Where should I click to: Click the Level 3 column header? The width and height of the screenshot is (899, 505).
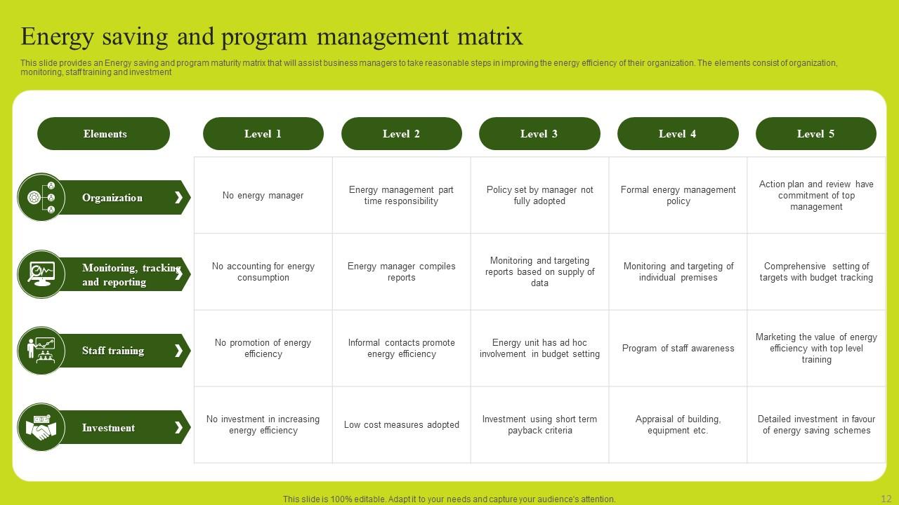539,134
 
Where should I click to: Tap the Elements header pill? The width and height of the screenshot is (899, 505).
104,134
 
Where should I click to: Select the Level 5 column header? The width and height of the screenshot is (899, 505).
815,134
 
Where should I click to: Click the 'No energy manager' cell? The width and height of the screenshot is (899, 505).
263,196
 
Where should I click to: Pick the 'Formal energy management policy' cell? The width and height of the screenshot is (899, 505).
678,196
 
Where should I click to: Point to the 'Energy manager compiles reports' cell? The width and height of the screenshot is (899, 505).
401,272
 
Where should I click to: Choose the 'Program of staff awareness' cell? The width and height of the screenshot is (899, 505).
678,349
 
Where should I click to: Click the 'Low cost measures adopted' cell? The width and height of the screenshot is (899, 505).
401,425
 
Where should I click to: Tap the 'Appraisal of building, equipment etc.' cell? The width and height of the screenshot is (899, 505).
678,425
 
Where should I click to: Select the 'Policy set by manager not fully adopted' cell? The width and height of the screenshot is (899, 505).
539,196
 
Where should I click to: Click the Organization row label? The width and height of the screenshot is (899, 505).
112,198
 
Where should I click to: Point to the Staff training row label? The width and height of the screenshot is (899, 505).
113,351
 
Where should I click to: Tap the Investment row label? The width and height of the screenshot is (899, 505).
108,428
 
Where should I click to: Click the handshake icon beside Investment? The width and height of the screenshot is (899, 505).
41,428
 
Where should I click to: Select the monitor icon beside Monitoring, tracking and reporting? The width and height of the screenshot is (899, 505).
41,274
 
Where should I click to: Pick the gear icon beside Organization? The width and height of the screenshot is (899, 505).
34,198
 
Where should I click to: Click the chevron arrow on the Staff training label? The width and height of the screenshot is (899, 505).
178,351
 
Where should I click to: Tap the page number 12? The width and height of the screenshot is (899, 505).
886,499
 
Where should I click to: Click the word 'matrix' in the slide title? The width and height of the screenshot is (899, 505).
484,36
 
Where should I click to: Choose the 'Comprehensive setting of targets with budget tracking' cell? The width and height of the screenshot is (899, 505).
816,272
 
